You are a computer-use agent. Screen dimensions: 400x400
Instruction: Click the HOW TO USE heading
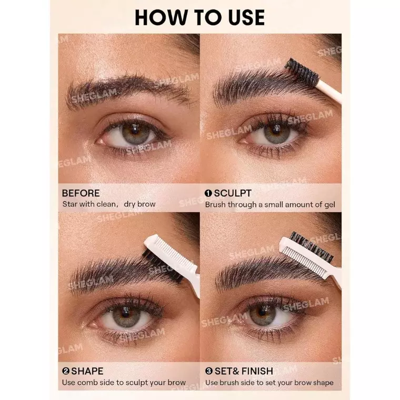(x=200, y=17)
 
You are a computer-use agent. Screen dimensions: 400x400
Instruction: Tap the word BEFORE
(x=81, y=193)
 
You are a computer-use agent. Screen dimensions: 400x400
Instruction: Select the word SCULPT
(x=233, y=193)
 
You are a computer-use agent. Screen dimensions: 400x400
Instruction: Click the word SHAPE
(x=87, y=371)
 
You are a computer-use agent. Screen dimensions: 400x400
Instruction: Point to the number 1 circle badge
(x=208, y=193)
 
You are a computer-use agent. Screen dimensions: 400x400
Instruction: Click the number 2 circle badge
(x=66, y=371)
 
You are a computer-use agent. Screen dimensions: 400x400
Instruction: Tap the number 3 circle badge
(x=209, y=371)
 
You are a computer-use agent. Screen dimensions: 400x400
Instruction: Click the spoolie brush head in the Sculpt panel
(x=302, y=71)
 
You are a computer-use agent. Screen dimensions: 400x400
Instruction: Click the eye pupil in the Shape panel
(x=125, y=312)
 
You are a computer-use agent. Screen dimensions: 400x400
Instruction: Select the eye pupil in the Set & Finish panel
(x=262, y=311)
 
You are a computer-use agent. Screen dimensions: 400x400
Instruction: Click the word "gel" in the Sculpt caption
(x=330, y=205)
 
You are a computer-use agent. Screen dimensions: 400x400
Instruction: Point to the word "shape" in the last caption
(x=323, y=383)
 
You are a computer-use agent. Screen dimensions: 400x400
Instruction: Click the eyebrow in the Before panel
(x=127, y=89)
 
